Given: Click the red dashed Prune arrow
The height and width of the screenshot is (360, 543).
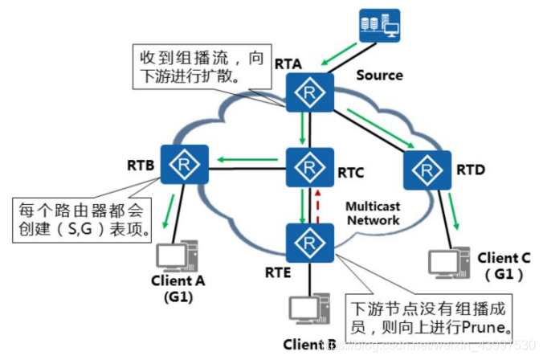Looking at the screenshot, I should pos(319,205).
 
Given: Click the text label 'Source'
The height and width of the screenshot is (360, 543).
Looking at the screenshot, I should pos(379,75).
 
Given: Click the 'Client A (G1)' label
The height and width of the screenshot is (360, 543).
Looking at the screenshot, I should pos(178,288).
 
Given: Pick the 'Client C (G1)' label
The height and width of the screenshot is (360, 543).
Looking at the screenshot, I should pos(504,266).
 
